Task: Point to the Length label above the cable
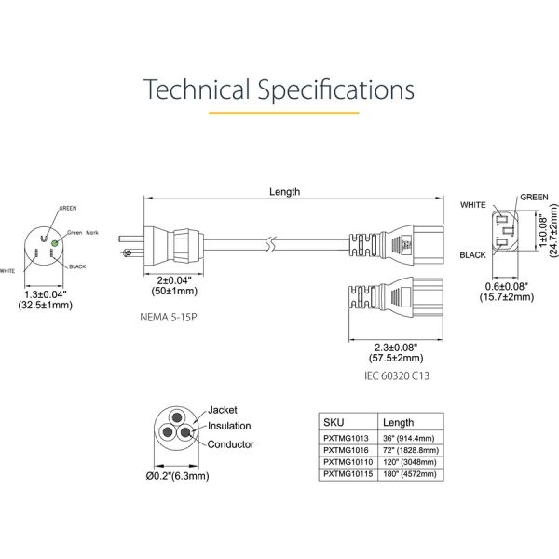[x=285, y=192]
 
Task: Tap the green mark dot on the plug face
[x=55, y=242]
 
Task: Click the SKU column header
[x=333, y=421]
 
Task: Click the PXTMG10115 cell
[x=346, y=473]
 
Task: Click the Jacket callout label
[x=224, y=410]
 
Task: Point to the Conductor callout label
[x=231, y=444]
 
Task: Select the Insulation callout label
[x=229, y=426]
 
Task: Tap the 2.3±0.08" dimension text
[x=389, y=346]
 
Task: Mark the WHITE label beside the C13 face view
[x=473, y=203]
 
